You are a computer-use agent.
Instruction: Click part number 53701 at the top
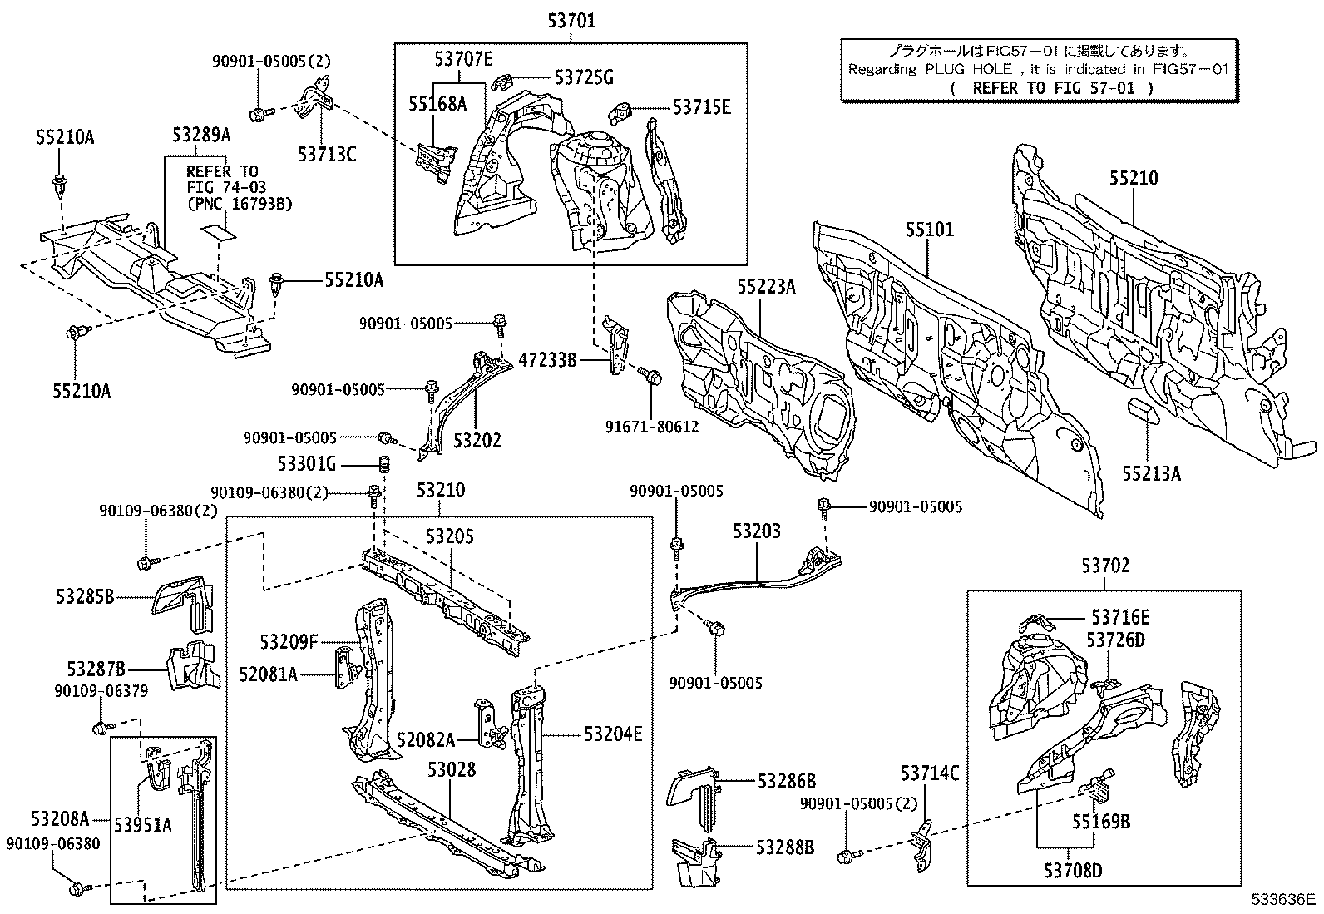[x=571, y=21]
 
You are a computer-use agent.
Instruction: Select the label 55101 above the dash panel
[x=930, y=230]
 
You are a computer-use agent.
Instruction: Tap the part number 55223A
[x=766, y=288]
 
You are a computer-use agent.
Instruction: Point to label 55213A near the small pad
[x=1151, y=473]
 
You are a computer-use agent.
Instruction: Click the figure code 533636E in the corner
[x=1285, y=899]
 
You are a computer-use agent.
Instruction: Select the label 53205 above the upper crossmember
[x=450, y=537]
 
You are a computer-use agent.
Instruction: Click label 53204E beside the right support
[x=613, y=734]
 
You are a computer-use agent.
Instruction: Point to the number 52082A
[x=426, y=739]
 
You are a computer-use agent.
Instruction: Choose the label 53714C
[x=930, y=774]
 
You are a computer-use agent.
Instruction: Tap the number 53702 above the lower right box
[x=1106, y=566]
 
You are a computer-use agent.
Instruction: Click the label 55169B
[x=1100, y=822]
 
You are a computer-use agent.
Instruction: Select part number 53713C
[x=327, y=153]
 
